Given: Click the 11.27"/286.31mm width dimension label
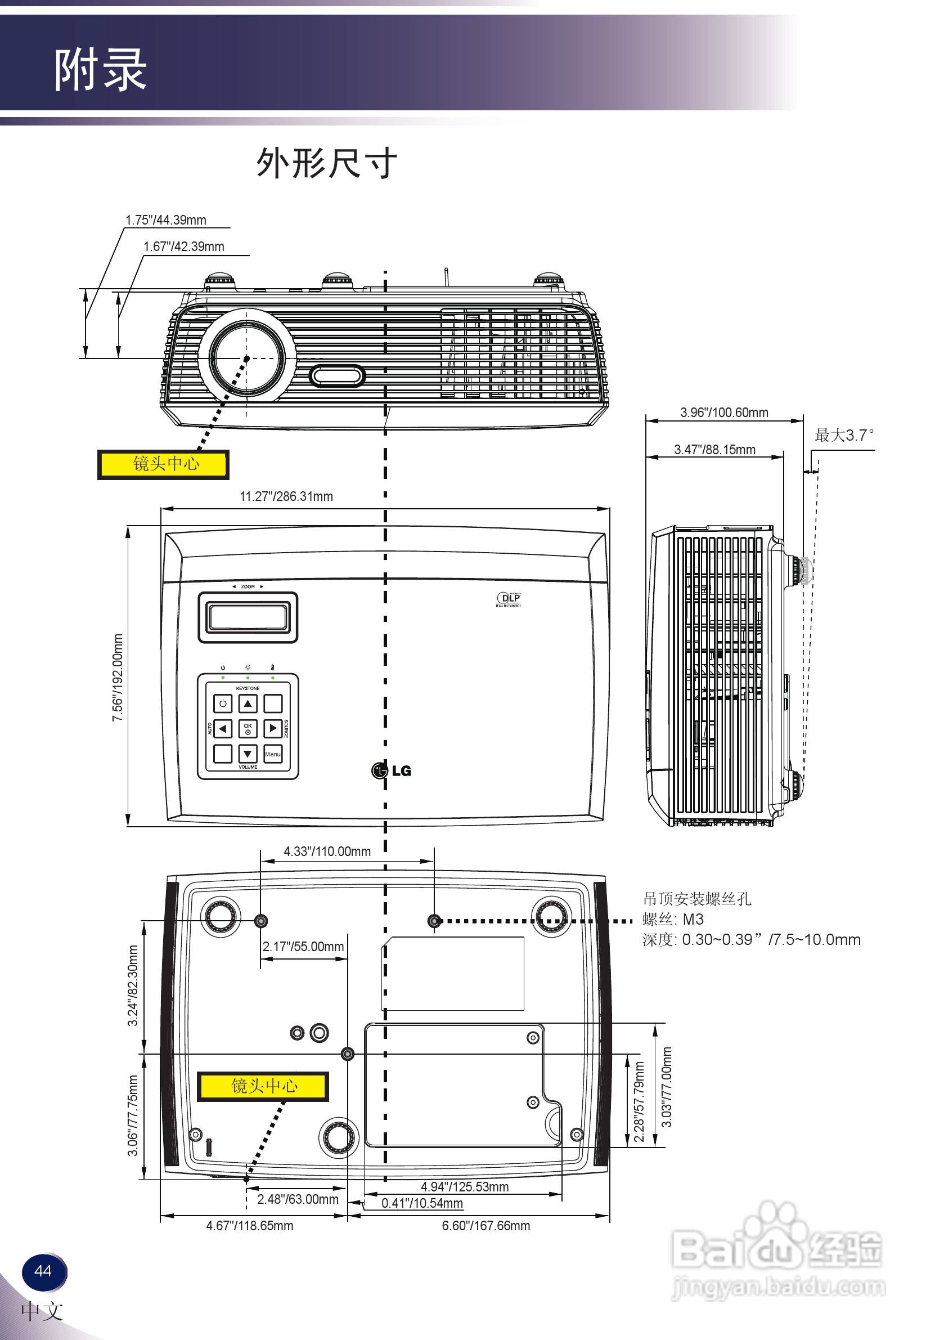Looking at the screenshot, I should coord(286,496).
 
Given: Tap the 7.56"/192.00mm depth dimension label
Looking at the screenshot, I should coord(117,677).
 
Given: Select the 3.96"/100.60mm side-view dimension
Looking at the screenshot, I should coord(723,412).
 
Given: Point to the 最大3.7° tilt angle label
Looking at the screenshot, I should coord(844,436).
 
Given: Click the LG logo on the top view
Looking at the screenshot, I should coord(392,770).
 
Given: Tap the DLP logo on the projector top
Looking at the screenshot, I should coord(508,598).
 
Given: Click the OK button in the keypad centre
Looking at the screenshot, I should coord(248,728).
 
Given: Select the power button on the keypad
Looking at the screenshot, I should coord(223,703).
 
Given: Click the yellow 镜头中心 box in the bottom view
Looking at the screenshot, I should coord(263,1086).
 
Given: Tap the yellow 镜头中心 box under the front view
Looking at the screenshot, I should coord(163,464).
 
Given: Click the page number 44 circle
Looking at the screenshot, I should coord(43,1271).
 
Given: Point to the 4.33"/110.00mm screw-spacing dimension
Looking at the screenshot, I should coord(327,851).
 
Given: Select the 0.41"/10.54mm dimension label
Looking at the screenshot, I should coord(422,1203).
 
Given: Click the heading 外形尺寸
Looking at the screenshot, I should coord(327,163).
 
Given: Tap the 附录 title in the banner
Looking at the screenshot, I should coord(100,70).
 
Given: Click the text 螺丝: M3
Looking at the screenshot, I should coord(673,919).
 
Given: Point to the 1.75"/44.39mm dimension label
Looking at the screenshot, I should coord(166,220).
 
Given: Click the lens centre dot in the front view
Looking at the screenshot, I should coord(246,358).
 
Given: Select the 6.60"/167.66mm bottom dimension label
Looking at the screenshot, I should coord(486,1226).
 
